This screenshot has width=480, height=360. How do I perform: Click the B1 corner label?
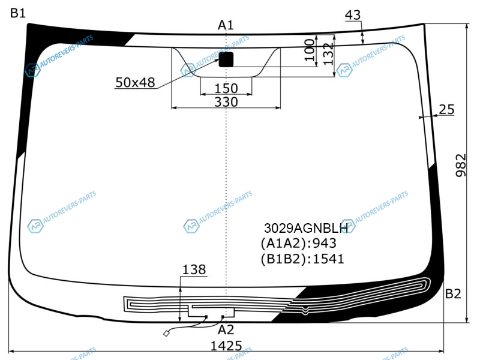point(18,13)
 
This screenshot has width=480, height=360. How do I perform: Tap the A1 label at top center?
point(226,25)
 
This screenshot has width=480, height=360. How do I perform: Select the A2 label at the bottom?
point(226,330)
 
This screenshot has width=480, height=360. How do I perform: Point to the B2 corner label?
point(453,294)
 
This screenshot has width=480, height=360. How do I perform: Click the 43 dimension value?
point(353,15)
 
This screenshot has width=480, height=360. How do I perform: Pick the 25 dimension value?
point(446,110)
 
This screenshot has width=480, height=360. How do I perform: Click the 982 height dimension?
point(461,166)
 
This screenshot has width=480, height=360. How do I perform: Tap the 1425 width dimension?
point(226,346)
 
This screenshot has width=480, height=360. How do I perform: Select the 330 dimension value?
point(226,102)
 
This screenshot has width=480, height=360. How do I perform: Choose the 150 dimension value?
point(226,88)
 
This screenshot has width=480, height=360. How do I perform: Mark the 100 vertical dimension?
point(310,50)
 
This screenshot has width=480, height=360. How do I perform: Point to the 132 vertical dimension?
point(328,54)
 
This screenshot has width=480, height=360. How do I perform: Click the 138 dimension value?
point(194,269)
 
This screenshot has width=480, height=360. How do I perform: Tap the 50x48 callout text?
point(135,83)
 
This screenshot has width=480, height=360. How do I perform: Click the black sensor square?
point(226,59)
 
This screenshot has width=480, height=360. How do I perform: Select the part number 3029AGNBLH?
point(306,228)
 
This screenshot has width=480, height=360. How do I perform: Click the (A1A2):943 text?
point(298,244)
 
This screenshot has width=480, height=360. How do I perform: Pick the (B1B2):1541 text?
point(302,259)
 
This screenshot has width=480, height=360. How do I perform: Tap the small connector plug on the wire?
point(166,334)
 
